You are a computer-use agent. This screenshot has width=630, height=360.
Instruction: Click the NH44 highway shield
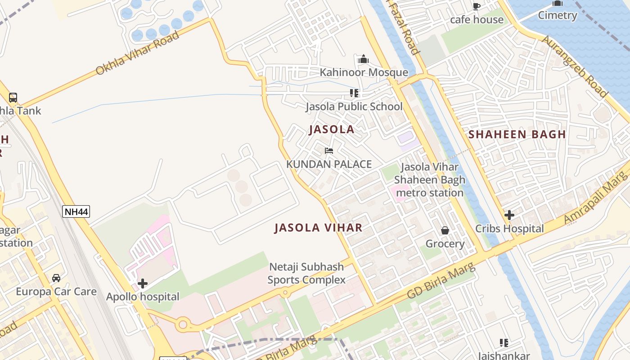(x=76, y=211)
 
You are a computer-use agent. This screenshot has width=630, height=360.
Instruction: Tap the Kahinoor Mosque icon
(x=364, y=59)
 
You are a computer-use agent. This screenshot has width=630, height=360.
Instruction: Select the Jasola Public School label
(x=354, y=107)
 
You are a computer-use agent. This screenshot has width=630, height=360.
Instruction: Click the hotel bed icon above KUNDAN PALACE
(x=329, y=151)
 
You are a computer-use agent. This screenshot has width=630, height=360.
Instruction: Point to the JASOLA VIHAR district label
(x=318, y=228)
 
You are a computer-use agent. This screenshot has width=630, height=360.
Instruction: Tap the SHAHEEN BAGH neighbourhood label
(x=517, y=134)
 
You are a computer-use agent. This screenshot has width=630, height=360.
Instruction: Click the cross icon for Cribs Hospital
(x=509, y=215)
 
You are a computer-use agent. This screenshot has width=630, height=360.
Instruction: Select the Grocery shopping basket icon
(x=445, y=230)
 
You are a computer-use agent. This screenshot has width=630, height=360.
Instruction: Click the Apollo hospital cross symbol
(x=143, y=283)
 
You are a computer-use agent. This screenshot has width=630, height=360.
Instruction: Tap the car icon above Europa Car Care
(x=56, y=278)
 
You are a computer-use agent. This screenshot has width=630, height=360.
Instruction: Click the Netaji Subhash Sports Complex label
(x=306, y=273)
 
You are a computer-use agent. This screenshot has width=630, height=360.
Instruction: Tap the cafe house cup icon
(x=477, y=6)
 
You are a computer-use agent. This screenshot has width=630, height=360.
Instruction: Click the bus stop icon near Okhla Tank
(x=13, y=97)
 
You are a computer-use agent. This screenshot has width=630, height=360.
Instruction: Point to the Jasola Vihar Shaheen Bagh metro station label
(x=429, y=180)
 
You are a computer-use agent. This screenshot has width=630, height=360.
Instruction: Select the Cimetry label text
(x=558, y=15)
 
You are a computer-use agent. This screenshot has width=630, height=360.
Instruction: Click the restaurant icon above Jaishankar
(x=504, y=343)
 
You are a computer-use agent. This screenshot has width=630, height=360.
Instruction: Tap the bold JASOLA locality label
(x=332, y=130)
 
